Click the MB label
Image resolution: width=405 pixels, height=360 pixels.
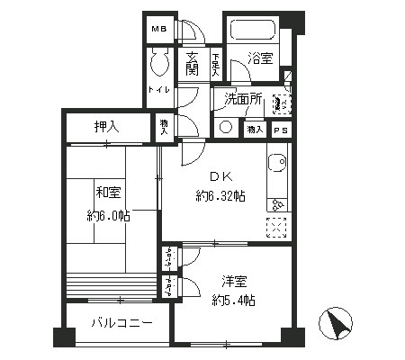coord(158,30)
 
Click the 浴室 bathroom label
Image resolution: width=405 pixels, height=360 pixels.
coord(262,60)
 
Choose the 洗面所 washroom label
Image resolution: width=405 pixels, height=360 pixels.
coord(243,99)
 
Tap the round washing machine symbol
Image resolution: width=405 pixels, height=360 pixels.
coord(225,128)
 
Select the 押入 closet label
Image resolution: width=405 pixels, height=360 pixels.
coord(107,128)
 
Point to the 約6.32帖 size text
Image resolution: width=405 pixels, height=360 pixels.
coord(220,197)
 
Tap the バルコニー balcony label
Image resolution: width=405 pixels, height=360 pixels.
coord(121,321)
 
